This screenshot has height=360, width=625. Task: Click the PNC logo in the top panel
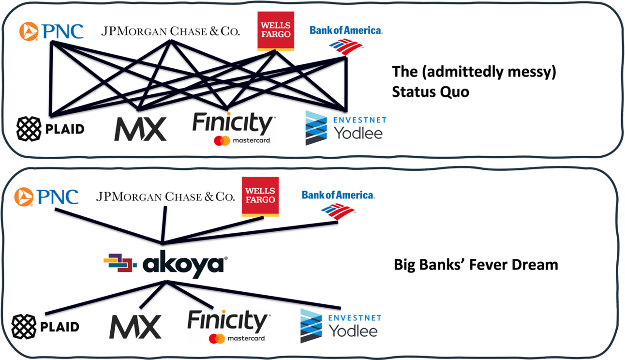point(51,31)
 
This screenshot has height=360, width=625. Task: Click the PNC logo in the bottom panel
point(46,197)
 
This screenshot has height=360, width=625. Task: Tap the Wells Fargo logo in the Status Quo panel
point(275,31)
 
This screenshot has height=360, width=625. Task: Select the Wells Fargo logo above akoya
point(260,195)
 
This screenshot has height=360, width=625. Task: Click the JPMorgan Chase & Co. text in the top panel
point(170,32)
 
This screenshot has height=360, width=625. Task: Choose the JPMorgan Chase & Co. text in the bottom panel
point(165,197)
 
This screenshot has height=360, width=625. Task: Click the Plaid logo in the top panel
point(50,129)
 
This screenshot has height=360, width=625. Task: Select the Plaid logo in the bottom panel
point(45,327)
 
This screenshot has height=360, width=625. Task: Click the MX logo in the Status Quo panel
point(140,128)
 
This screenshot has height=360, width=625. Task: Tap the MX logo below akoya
point(135,327)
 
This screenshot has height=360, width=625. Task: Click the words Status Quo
point(430,91)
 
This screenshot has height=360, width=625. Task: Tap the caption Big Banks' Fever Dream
point(476,265)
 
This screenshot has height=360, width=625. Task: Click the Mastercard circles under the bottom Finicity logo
point(217,338)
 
